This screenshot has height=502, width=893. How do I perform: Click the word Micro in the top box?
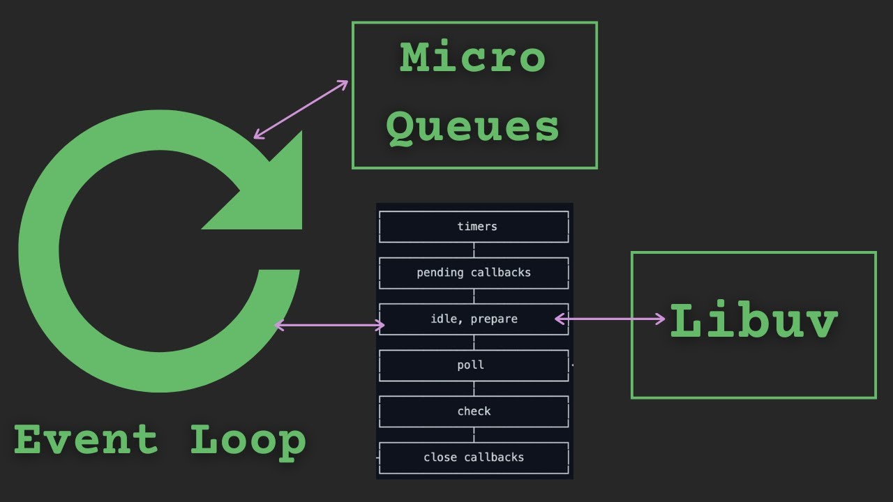(472, 59)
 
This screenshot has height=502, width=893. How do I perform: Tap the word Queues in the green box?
(472, 127)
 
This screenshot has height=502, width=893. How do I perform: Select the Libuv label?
(753, 323)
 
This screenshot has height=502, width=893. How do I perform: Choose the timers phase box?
(474, 227)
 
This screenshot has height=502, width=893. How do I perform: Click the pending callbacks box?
(474, 273)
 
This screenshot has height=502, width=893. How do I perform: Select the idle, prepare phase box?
(474, 319)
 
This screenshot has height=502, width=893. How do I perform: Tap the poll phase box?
(474, 365)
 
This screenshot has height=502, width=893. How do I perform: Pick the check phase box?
(474, 411)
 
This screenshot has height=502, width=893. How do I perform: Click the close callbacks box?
(474, 457)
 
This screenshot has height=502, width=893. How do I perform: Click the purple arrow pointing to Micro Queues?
(301, 109)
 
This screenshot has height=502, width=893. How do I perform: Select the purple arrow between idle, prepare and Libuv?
(610, 319)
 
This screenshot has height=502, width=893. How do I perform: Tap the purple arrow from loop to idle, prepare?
(329, 325)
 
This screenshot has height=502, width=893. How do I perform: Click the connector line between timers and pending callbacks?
(474, 250)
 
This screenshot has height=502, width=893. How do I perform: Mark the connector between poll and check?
(474, 388)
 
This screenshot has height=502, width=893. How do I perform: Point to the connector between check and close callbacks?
(474, 434)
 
